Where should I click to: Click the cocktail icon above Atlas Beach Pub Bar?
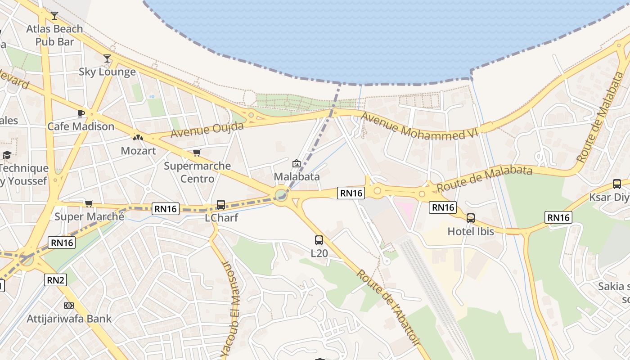point(54,16)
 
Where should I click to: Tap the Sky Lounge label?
point(107,72)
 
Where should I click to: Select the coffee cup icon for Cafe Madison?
point(81,113)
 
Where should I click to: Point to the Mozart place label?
point(138,151)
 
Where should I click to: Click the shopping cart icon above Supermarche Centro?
point(197,153)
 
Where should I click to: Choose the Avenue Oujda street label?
point(207,130)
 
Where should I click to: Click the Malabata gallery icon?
point(296,163)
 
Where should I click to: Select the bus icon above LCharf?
point(220,205)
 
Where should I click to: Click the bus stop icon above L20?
point(319,240)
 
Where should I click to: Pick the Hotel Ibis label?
point(471,231)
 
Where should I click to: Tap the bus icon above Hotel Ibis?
point(471,218)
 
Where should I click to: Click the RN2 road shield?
point(56,280)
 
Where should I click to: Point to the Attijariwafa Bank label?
point(69,319)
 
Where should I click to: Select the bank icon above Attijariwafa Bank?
point(69,306)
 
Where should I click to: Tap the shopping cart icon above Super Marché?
point(89,204)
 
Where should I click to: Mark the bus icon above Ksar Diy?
point(616,184)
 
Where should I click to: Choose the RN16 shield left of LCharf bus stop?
point(166,208)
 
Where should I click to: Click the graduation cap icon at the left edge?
point(7,155)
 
